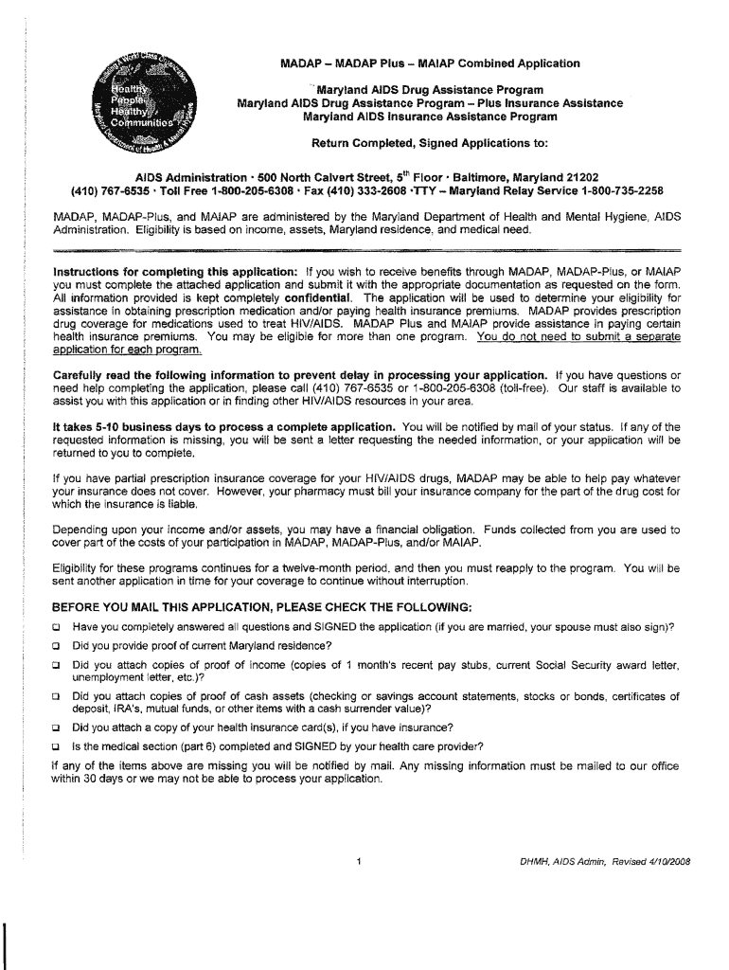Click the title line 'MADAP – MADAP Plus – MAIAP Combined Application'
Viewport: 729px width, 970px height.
(x=430, y=63)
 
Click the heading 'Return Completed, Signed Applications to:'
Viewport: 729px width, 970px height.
(x=430, y=144)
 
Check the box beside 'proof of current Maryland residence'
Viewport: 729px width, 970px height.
(x=57, y=646)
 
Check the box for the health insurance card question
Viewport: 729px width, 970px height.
(x=57, y=728)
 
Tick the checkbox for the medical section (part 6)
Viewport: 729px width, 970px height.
(x=57, y=746)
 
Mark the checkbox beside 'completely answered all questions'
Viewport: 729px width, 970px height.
(x=57, y=627)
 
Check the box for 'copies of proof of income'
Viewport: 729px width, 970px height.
(x=57, y=665)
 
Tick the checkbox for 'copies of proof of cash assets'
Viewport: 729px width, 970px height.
(x=57, y=697)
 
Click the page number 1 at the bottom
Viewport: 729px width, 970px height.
(x=361, y=861)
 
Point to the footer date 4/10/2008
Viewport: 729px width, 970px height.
(x=654, y=862)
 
